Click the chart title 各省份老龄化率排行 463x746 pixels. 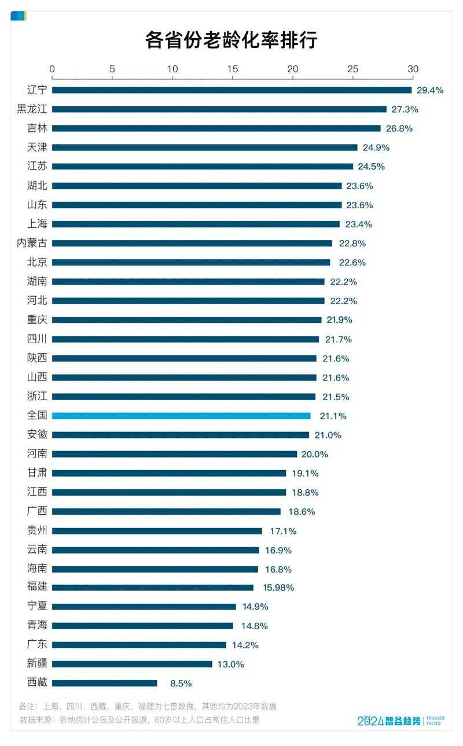tap(231, 40)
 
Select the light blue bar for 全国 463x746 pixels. tap(181, 416)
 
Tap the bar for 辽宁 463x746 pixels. tap(231, 90)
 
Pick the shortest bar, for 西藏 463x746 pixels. tap(105, 683)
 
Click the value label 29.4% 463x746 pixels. tap(430, 90)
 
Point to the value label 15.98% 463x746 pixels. tap(278, 588)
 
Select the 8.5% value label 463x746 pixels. tap(181, 683)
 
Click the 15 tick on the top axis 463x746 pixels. tap(233, 69)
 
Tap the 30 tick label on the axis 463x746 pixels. tap(413, 69)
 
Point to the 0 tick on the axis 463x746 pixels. tap(53, 69)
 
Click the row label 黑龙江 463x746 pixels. tap(32, 109)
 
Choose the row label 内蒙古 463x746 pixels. tap(32, 243)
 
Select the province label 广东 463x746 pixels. tap(37, 644)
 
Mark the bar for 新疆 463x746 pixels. tap(132, 664)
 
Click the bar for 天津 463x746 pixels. tap(205, 147)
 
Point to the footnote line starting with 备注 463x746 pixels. tap(148, 706)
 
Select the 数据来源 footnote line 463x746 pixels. tap(139, 720)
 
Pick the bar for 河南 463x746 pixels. tap(175, 454)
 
